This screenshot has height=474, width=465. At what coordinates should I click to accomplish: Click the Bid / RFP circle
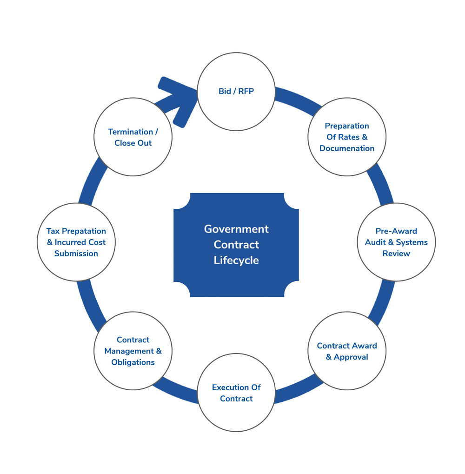(236, 92)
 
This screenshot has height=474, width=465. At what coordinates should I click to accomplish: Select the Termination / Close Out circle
(133, 137)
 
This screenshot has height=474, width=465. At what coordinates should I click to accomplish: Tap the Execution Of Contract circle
(236, 393)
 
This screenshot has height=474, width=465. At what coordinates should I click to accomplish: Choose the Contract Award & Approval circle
(347, 351)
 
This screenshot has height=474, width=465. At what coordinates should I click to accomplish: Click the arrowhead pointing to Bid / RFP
(179, 100)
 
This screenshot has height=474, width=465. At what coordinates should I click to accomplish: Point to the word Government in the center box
(236, 229)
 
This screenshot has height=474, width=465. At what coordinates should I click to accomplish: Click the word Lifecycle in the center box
(236, 260)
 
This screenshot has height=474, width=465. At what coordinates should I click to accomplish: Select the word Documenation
(347, 148)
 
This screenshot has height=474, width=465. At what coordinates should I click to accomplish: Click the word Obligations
(133, 362)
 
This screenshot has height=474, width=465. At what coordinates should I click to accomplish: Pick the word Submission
(76, 254)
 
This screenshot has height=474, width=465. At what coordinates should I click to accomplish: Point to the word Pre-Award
(396, 231)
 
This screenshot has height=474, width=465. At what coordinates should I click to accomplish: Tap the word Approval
(351, 357)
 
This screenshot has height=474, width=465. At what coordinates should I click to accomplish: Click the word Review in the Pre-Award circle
(396, 254)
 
